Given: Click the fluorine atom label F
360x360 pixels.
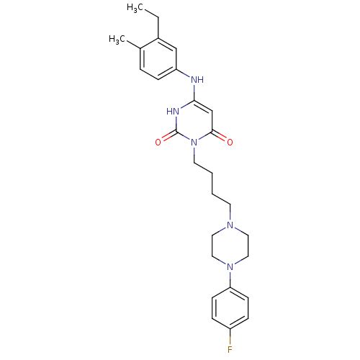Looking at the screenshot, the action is [230, 350].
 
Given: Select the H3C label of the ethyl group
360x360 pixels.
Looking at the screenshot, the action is [135, 8].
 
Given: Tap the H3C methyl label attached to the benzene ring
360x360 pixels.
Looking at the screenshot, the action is [117, 40].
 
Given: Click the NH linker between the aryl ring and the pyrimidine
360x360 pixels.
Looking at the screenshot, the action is [197, 79].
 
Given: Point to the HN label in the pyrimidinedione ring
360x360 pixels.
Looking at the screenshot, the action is [173, 112].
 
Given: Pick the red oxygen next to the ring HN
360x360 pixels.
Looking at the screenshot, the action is [158, 143].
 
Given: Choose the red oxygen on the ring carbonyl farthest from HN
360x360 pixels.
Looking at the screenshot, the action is [230, 143].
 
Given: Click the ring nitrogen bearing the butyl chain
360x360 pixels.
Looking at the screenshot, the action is [194, 143].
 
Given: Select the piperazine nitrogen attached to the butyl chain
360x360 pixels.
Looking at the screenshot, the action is [230, 225].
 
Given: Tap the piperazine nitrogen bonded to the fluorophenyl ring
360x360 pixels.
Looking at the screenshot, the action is [230, 266].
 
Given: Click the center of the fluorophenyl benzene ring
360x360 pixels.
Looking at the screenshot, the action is [230, 308].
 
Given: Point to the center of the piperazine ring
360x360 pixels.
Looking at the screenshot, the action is [230, 246].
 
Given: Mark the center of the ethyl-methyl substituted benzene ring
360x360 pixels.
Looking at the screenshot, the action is [158, 58].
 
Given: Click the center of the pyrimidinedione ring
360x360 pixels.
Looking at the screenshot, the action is [194, 122].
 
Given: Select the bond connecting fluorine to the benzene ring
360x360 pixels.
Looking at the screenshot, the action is [230, 337].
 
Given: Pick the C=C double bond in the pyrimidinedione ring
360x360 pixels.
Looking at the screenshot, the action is [203, 106].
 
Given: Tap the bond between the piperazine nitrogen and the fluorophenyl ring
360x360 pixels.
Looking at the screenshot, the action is [230, 279].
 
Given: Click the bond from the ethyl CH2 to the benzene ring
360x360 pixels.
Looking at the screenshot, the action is [158, 27].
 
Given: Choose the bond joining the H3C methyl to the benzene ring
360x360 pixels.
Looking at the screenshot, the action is [133, 45].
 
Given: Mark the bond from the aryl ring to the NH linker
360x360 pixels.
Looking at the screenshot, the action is [184, 73].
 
